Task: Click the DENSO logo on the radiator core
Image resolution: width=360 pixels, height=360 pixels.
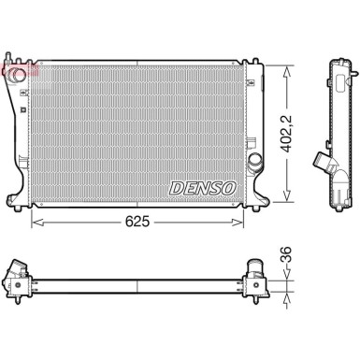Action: pos(204,186)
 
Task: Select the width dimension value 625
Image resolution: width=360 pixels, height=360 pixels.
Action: pos(137,223)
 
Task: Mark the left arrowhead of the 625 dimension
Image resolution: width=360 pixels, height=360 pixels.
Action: pos(36,223)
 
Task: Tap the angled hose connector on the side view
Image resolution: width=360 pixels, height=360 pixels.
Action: pos(324,163)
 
